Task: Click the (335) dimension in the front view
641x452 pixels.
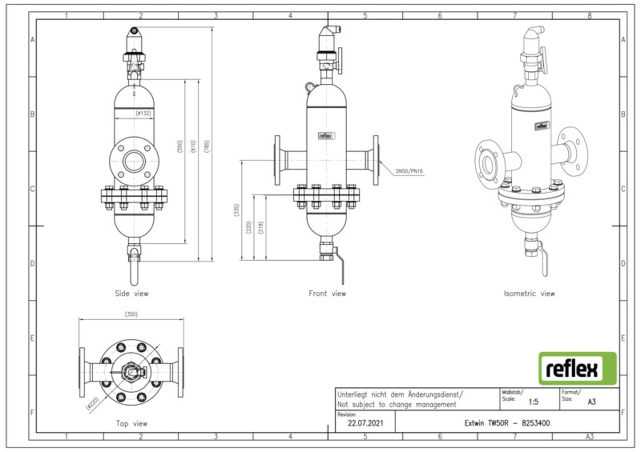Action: (x=237, y=211)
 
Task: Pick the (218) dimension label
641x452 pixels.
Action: (x=260, y=228)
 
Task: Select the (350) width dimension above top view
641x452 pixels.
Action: (x=131, y=314)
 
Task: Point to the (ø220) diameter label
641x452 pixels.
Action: (x=93, y=405)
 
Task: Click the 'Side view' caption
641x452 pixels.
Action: (x=131, y=293)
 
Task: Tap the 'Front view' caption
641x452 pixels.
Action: (x=327, y=293)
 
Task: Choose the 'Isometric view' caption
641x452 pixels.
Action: (x=529, y=293)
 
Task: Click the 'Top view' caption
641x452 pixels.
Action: (x=131, y=423)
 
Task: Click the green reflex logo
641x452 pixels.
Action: (x=577, y=368)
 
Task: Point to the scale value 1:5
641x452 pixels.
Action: (x=533, y=402)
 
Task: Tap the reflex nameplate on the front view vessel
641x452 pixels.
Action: (x=326, y=136)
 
